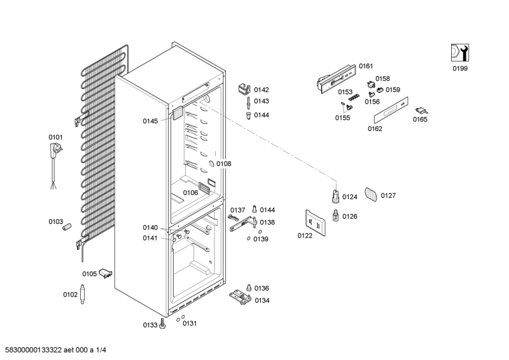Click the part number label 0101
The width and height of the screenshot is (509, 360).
(x=56, y=137)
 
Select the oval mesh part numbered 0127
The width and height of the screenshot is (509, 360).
(x=371, y=193)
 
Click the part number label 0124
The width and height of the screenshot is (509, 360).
(x=350, y=197)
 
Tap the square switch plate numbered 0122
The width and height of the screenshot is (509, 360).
(x=315, y=223)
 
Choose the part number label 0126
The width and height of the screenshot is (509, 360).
(x=350, y=216)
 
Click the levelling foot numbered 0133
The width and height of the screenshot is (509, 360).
(x=163, y=324)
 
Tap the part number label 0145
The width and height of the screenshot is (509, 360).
(x=150, y=121)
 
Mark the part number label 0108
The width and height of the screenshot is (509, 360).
(x=223, y=163)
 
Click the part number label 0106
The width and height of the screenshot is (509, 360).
(x=190, y=193)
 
